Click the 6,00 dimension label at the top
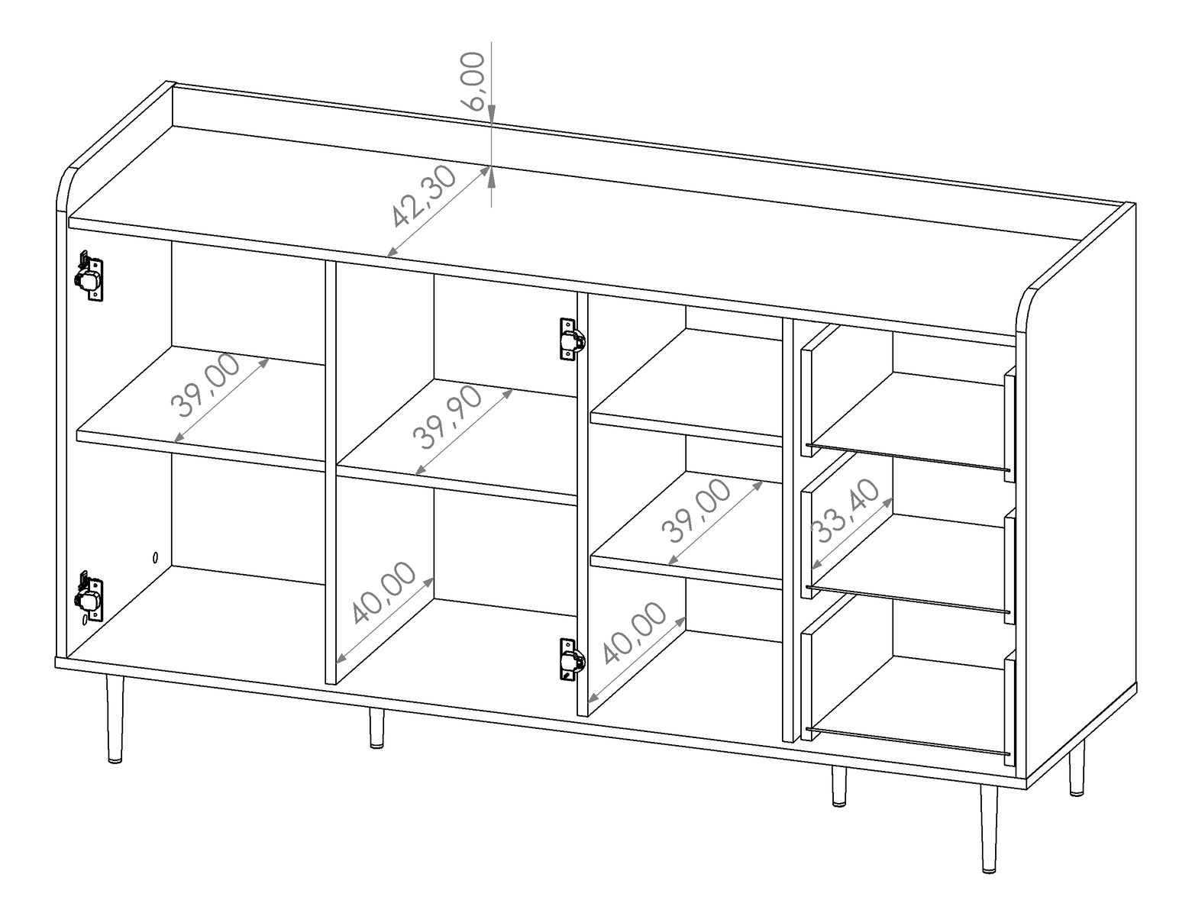tap(473, 81)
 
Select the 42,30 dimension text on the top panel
tap(423, 195)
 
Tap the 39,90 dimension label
tap(447, 418)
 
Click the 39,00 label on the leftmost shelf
tap(205, 385)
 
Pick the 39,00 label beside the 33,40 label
tap(696, 511)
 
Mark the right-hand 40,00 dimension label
tap(635, 633)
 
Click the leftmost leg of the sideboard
tap(115, 719)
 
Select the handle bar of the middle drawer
tap(907, 599)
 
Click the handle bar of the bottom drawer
tap(907, 741)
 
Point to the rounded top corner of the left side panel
tap(69, 176)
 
